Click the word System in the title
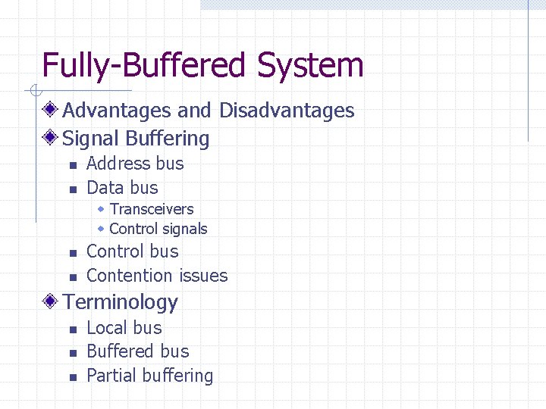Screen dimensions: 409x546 pyautogui.click(x=310, y=66)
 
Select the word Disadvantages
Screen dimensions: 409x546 pyautogui.click(x=287, y=111)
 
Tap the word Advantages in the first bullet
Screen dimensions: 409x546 pyautogui.click(x=117, y=111)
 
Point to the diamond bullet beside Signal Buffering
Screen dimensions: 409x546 pyautogui.click(x=51, y=138)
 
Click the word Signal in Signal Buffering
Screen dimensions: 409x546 pyautogui.click(x=91, y=139)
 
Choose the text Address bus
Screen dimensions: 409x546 pyautogui.click(x=135, y=164)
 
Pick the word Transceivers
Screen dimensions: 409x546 pyautogui.click(x=152, y=209)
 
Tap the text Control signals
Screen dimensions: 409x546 pyautogui.click(x=158, y=229)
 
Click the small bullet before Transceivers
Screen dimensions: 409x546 pyautogui.click(x=101, y=208)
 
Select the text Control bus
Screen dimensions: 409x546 pyautogui.click(x=133, y=251)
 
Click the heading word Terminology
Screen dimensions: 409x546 pyautogui.click(x=120, y=302)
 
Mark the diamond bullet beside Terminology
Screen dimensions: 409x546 pyautogui.click(x=51, y=301)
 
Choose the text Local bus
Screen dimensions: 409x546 pyautogui.click(x=124, y=328)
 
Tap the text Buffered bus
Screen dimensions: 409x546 pyautogui.click(x=138, y=351)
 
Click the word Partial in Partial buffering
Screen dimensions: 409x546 pyautogui.click(x=111, y=376)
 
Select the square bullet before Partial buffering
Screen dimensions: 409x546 pyautogui.click(x=72, y=377)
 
